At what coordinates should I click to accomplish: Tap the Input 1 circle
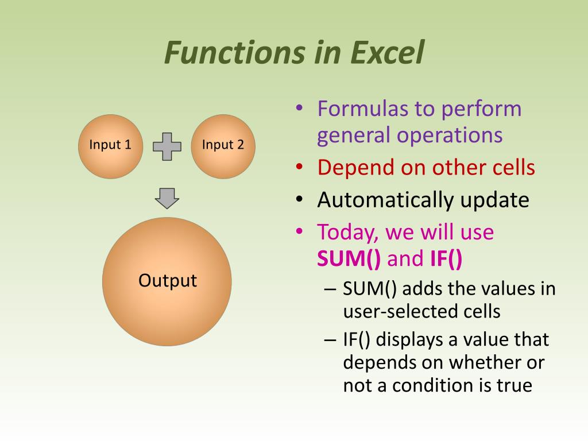pos(110,145)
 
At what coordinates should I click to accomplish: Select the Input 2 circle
pos(223,145)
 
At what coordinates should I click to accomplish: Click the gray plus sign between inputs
pos(167,146)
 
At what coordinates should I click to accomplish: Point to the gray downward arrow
pos(167,198)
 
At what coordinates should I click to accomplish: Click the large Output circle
pos(167,310)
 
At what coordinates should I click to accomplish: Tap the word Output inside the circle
pos(168,281)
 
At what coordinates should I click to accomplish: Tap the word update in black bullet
pos(494,200)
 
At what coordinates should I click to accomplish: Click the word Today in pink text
pos(347,232)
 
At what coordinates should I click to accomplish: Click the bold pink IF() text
pos(446,259)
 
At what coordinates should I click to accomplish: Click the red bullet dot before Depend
pos(299,167)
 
